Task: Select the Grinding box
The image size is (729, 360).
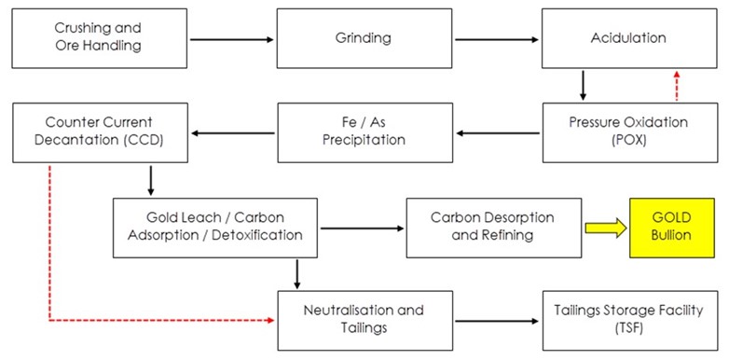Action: point(363,39)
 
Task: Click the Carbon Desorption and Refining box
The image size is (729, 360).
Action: point(492,227)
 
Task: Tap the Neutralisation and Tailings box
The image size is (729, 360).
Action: point(363,319)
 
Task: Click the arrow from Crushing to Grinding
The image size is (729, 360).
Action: point(233,39)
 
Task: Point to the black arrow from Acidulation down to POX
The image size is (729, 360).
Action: point(583,86)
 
